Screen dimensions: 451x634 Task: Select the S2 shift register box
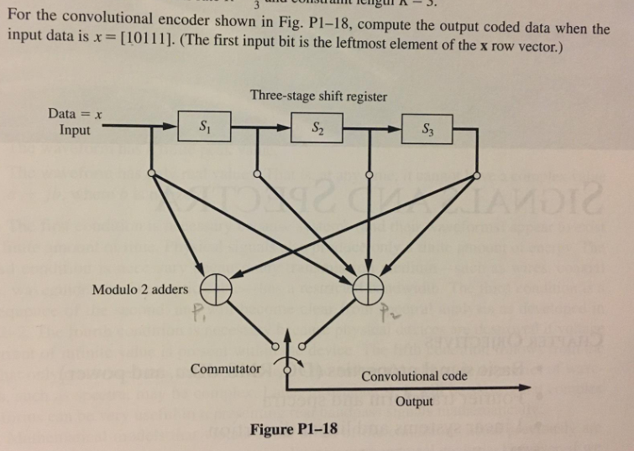coord(317,128)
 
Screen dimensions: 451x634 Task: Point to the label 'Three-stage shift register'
coord(318,96)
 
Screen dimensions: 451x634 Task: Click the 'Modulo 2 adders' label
coord(140,289)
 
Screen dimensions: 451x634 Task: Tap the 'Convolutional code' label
coord(414,376)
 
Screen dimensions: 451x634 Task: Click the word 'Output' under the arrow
coord(414,402)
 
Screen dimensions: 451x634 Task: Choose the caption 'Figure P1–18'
coord(294,429)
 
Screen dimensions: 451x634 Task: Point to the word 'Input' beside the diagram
coord(77,130)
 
